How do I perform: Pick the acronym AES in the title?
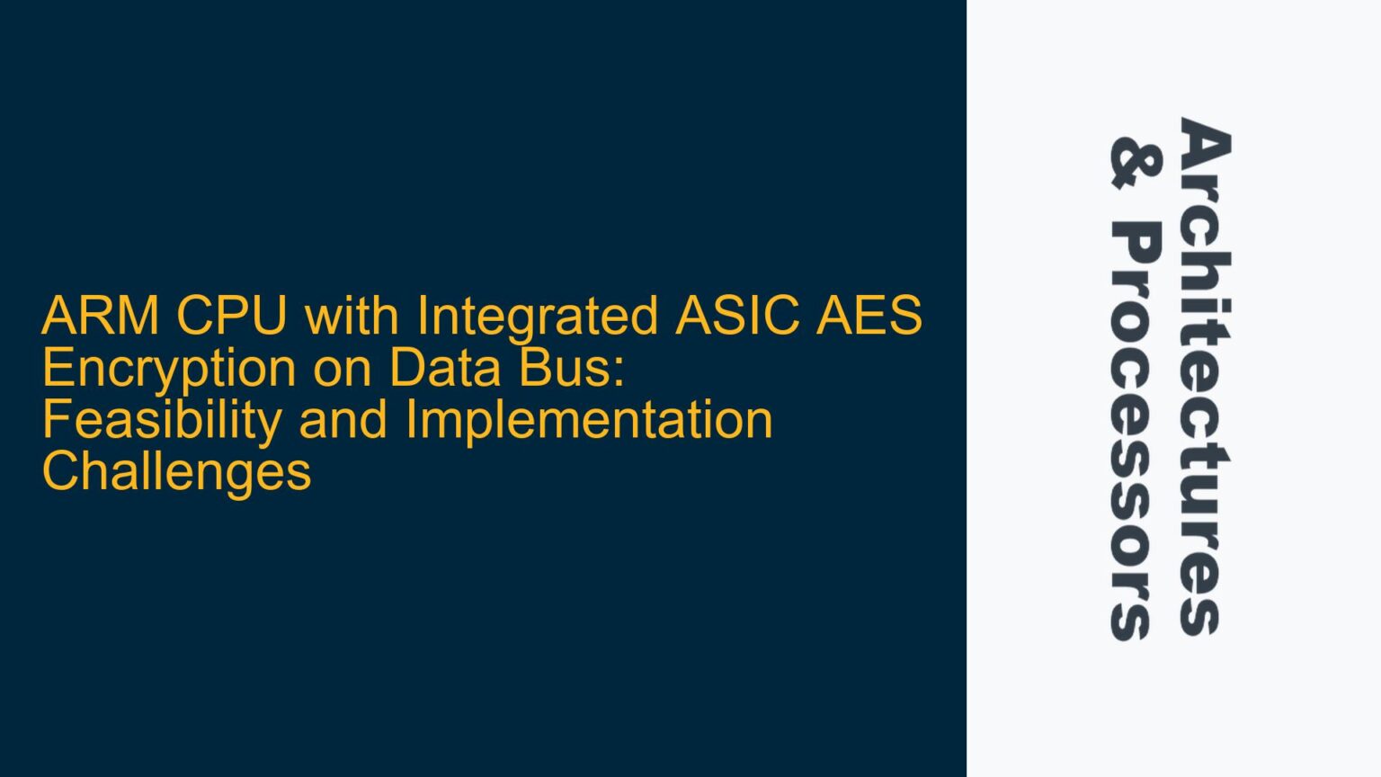[869, 317]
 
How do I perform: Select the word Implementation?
[589, 421]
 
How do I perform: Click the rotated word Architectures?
[1205, 376]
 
